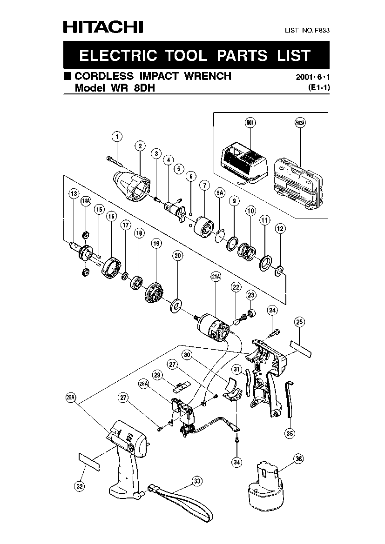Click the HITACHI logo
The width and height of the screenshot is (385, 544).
point(103,27)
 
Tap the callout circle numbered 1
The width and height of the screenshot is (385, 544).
point(117,137)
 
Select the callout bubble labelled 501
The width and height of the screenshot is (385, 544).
point(250,122)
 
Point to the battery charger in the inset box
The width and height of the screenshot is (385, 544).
point(244,166)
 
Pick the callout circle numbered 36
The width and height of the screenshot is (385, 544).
point(298,459)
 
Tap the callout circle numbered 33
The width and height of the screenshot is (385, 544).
point(197,481)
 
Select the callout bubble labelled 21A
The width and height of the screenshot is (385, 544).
point(216,276)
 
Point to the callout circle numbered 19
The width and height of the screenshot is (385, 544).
point(156,244)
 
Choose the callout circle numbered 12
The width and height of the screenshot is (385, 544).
point(280,228)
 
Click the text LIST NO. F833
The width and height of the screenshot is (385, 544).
point(307,30)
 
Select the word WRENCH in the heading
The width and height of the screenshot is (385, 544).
point(208,76)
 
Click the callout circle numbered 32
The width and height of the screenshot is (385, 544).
point(80,486)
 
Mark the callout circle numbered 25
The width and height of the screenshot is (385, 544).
point(299,322)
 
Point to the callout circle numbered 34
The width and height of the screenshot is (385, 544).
point(237,462)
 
